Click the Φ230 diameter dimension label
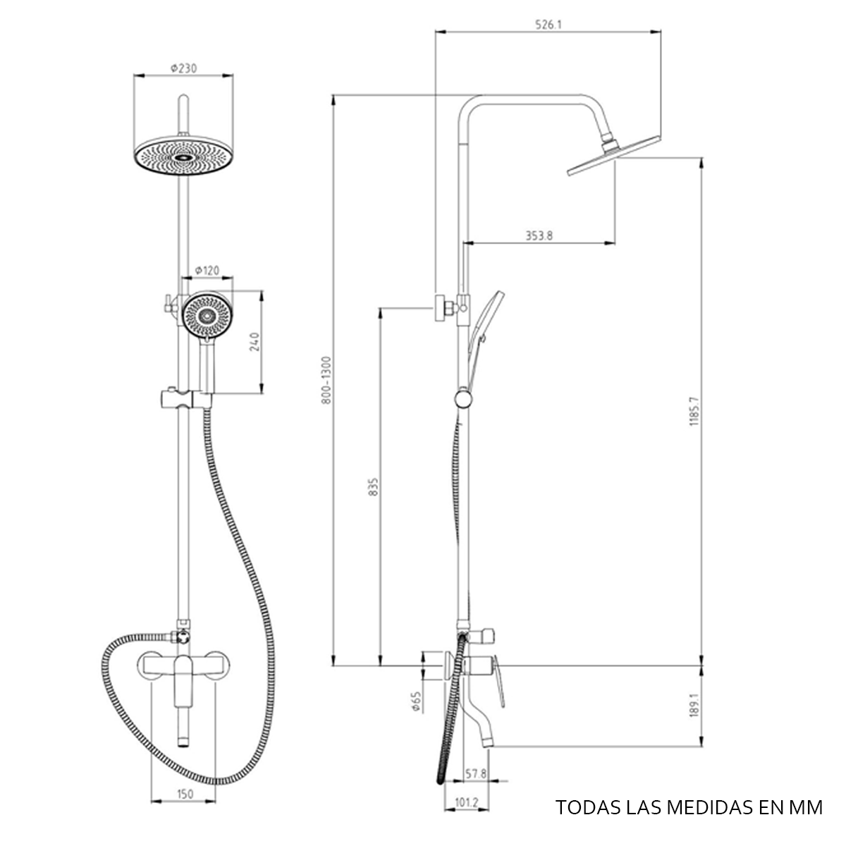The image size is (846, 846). click(183, 68)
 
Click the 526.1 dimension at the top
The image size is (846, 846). click(548, 24)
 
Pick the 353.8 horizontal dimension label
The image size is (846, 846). click(539, 236)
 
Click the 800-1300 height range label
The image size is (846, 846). click(325, 380)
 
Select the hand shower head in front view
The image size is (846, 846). click(207, 315)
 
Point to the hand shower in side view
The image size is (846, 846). click(483, 324)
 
